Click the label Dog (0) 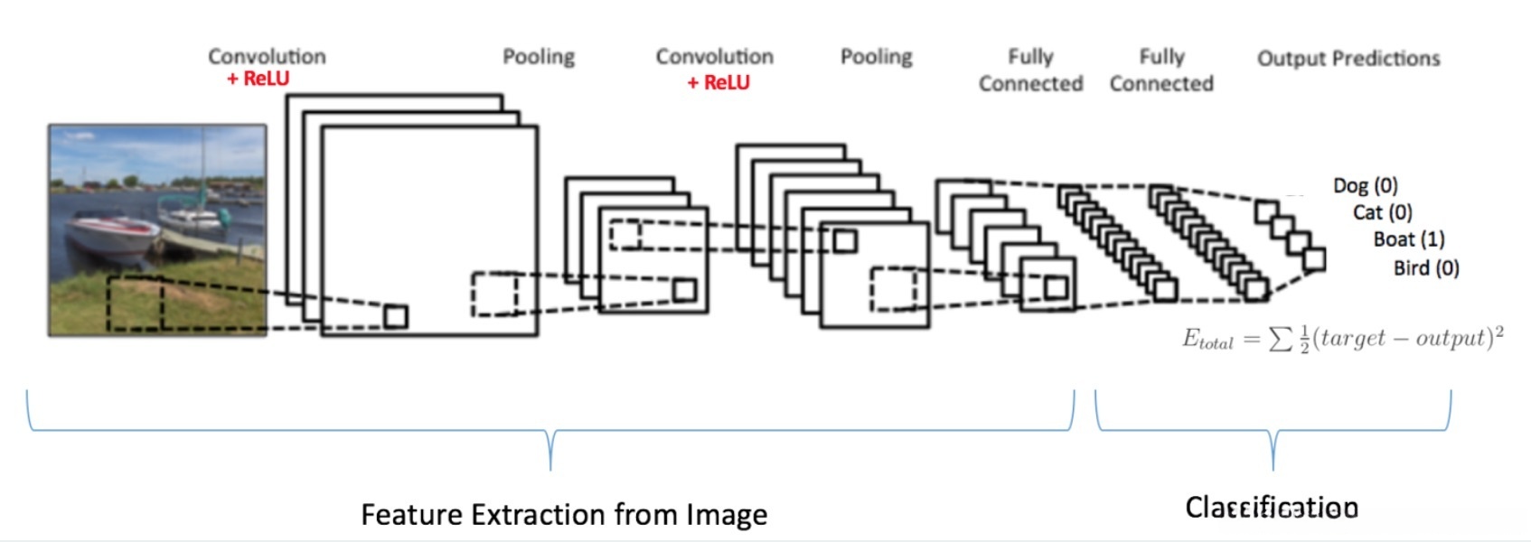click(x=1365, y=186)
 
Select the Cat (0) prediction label click(x=1382, y=212)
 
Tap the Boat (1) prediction click(x=1408, y=239)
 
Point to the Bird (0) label click(x=1425, y=267)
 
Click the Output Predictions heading click(x=1348, y=59)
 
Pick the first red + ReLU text click(x=258, y=79)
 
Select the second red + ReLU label click(x=719, y=83)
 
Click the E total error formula click(x=1342, y=339)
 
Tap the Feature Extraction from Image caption click(x=564, y=514)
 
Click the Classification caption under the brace click(x=1271, y=508)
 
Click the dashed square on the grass click(x=136, y=303)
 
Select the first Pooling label click(x=539, y=57)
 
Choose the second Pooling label click(x=876, y=57)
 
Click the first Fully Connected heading click(x=1030, y=70)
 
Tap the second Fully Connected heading click(x=1161, y=70)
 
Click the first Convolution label click(x=267, y=56)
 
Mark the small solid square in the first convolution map click(x=395, y=316)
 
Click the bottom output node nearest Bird click(x=1314, y=260)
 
